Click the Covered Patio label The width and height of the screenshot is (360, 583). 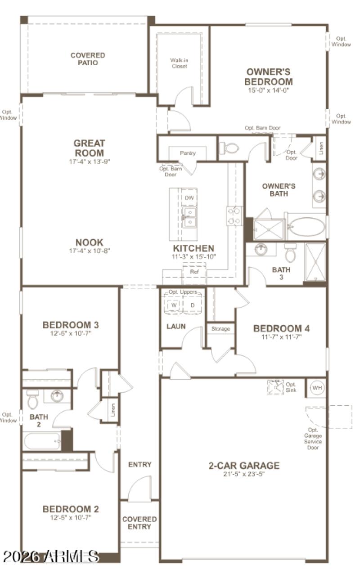88,59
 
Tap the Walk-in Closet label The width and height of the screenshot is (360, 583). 179,63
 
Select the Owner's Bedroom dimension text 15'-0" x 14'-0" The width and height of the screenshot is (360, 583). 268,90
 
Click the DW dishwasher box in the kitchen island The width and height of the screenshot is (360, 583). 189,197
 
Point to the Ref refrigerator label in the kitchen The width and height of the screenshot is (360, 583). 194,272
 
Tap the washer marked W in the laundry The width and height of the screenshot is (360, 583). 173,305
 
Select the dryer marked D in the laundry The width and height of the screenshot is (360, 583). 193,305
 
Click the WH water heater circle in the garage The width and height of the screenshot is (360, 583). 317,388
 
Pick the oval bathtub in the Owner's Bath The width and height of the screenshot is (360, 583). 306,227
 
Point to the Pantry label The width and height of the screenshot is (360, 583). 188,153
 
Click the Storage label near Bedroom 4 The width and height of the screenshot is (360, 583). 220,329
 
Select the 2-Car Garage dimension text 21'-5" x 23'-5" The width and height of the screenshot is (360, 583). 244,474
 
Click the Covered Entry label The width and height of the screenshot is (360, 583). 139,523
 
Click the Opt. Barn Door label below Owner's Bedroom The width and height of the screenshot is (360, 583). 262,128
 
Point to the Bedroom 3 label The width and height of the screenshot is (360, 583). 71,325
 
